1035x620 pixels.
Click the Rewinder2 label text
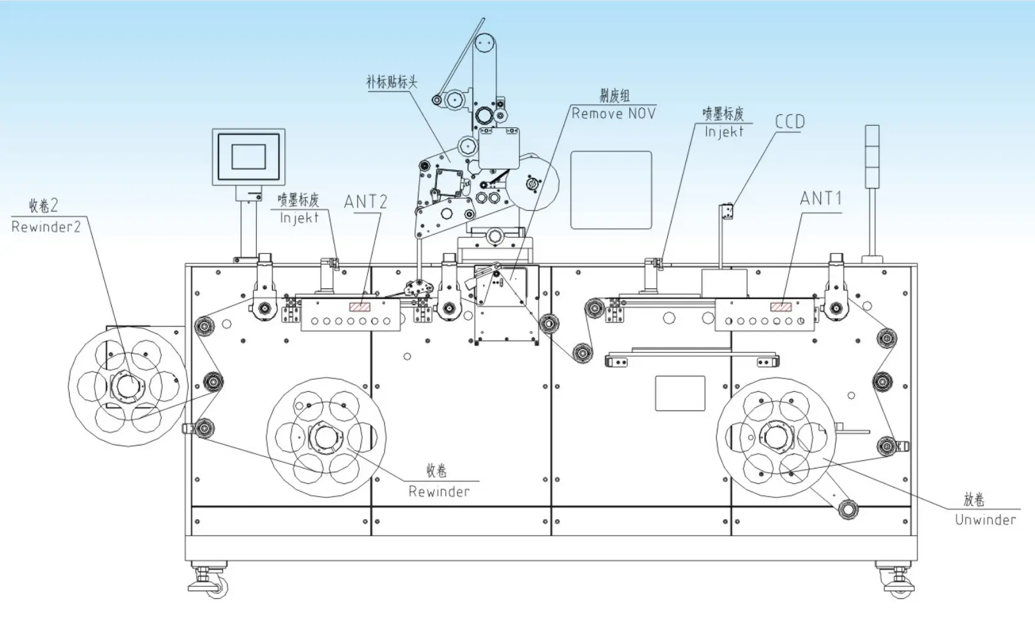46,227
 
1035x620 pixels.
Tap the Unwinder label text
985,520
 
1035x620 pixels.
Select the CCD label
790,121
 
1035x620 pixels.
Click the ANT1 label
821,199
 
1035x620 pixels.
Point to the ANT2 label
365,202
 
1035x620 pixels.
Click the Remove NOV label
613,114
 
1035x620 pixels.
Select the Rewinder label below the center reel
439,492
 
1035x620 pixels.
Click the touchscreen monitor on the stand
249,157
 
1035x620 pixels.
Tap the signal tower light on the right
871,157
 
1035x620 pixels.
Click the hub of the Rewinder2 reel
127,386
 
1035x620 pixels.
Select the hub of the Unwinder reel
776,438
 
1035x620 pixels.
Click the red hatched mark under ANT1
781,307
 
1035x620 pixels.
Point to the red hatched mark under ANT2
360,307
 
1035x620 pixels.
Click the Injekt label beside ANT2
299,218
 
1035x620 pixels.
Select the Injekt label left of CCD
724,132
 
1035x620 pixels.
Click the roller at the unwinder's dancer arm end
848,509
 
